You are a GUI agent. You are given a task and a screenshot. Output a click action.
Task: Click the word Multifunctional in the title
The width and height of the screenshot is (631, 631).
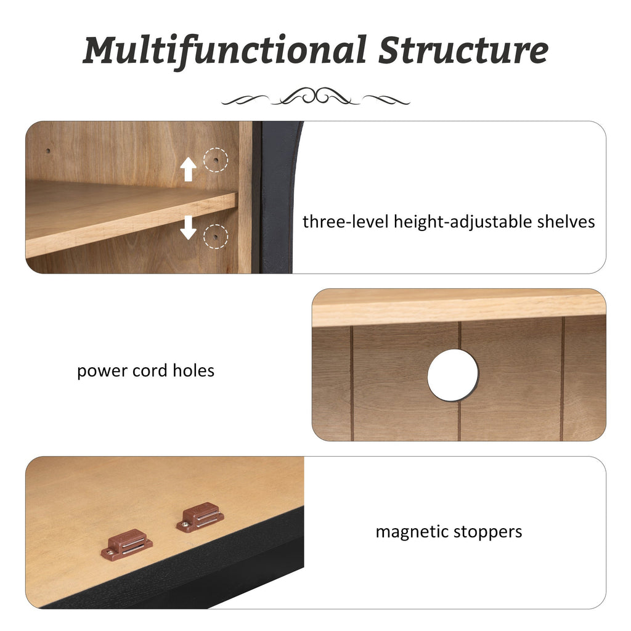224,51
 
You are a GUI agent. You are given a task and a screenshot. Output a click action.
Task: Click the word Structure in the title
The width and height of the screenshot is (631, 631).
463,50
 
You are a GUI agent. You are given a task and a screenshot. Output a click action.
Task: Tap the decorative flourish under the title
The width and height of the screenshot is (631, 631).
315,97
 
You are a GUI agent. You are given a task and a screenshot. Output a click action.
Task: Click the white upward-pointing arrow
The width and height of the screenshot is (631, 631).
188,169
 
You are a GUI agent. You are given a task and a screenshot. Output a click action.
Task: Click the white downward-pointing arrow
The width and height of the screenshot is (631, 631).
188,227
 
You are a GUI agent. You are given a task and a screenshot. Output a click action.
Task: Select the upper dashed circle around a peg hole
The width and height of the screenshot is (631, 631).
216,160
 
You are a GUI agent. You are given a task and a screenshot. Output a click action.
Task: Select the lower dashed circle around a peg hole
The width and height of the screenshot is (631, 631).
216,236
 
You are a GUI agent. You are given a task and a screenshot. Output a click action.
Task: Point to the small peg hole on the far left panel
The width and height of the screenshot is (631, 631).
48,152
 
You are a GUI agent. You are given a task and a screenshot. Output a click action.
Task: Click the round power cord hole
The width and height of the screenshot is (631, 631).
453,375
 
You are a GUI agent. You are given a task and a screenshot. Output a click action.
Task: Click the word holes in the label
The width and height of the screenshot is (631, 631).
193,370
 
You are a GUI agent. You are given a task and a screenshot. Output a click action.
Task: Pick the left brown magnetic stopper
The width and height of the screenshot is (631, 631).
126,545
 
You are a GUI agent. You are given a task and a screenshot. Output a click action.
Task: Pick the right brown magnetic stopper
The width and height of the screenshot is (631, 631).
200,517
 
